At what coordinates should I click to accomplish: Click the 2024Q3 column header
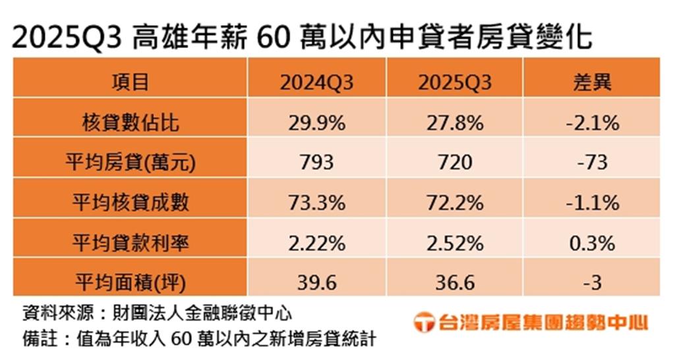click(317, 82)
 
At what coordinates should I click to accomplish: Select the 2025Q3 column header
click(455, 82)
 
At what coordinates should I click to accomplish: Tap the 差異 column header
click(593, 82)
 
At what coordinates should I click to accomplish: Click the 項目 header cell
click(131, 82)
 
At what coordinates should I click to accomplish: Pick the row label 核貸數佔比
click(131, 123)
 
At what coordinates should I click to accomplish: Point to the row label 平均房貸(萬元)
click(131, 163)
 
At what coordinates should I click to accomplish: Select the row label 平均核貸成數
click(131, 202)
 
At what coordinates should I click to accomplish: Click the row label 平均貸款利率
click(131, 243)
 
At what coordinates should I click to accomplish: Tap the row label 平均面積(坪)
click(131, 283)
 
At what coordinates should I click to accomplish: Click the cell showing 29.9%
click(317, 123)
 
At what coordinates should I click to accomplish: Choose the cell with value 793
click(317, 163)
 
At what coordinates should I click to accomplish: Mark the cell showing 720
click(455, 163)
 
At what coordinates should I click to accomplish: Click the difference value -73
click(593, 163)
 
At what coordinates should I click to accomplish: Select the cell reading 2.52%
click(455, 243)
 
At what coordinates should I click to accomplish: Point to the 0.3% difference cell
click(593, 243)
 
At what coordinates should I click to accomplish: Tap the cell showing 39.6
click(317, 283)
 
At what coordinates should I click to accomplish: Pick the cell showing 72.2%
click(455, 203)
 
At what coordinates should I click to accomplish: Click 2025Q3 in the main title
click(67, 38)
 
